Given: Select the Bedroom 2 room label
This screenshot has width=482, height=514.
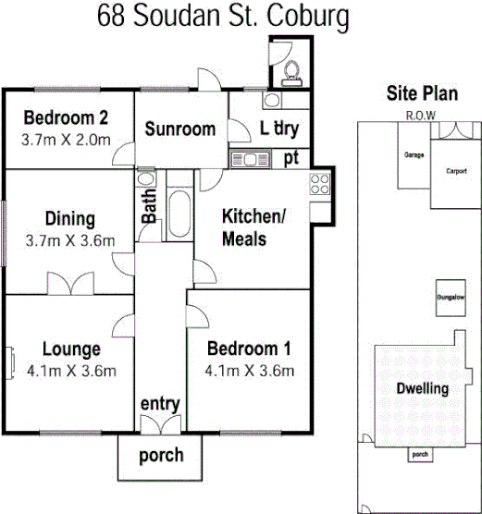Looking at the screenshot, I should [67, 118].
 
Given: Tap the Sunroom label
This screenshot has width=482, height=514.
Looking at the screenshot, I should [179, 129].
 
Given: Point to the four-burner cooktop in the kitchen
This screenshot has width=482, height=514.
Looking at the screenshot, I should [320, 183].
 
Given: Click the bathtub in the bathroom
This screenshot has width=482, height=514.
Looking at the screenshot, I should [179, 214].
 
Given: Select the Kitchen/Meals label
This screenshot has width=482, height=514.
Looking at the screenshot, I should [251, 227].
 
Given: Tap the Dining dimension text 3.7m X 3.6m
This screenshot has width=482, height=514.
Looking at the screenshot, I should [70, 241].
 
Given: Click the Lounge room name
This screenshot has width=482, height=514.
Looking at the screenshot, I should [72, 349].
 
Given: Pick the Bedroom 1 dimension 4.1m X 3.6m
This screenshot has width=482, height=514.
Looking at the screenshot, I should [250, 371].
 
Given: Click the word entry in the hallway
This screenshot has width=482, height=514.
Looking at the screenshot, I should [159, 405].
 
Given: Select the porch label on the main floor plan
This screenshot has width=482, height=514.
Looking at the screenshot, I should [161, 455].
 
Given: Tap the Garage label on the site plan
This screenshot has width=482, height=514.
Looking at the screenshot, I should [413, 154].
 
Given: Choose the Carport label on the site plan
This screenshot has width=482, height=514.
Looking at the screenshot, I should [456, 171].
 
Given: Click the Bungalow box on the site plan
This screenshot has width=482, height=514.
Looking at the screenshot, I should [451, 298].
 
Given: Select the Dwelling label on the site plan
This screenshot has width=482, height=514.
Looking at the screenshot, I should [422, 388].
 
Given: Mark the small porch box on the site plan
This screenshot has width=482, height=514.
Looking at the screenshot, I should [420, 454].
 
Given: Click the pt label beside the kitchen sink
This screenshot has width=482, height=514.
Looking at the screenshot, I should [291, 157].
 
